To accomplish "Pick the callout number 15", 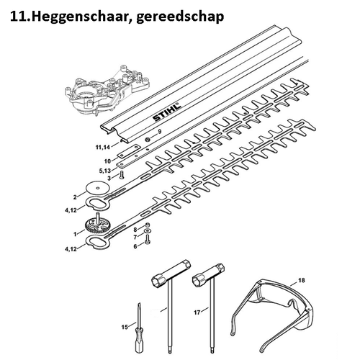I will click(x=125, y=328).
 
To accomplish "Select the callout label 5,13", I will click(x=104, y=170).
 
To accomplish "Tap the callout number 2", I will click(x=74, y=196).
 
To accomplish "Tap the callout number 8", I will click(x=133, y=229).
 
